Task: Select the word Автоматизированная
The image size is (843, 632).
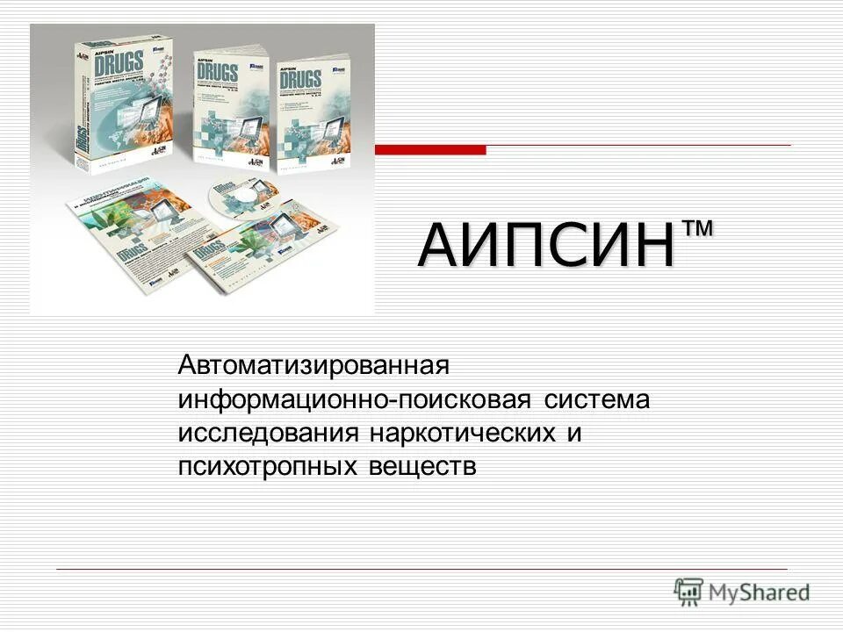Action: tap(314, 363)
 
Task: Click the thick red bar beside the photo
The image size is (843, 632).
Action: tap(429, 150)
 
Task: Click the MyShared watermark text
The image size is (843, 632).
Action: tap(760, 592)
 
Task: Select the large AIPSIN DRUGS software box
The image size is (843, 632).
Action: tap(123, 101)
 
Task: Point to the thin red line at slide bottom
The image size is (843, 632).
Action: tap(421, 569)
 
